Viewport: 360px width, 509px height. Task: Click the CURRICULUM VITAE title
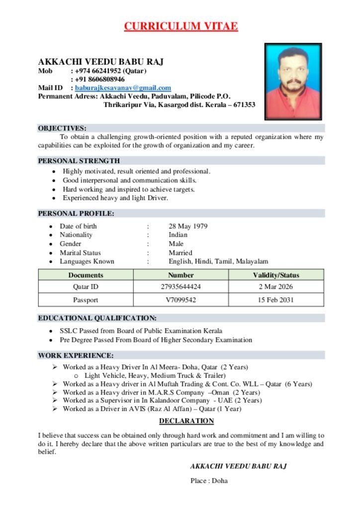pyautogui.click(x=180, y=26)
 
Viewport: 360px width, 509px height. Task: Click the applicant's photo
pyautogui.click(x=294, y=82)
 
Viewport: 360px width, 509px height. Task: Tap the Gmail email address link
pyautogui.click(x=123, y=88)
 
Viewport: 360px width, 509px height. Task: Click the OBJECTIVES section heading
pyautogui.click(x=62, y=128)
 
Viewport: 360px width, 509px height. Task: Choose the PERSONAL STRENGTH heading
pyautogui.click(x=79, y=161)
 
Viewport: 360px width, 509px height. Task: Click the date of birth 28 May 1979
pyautogui.click(x=188, y=226)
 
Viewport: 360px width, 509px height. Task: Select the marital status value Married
pyautogui.click(x=180, y=253)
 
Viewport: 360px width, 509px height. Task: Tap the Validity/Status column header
pyautogui.click(x=276, y=275)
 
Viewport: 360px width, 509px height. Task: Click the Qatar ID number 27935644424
pyautogui.click(x=181, y=287)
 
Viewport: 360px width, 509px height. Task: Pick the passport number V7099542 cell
pyautogui.click(x=181, y=300)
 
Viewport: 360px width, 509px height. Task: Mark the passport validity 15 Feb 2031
pyautogui.click(x=276, y=300)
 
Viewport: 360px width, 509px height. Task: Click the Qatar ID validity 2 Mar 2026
pyautogui.click(x=276, y=287)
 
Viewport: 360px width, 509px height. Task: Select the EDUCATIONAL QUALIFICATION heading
pyautogui.click(x=97, y=318)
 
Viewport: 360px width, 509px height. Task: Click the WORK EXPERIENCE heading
pyautogui.click(x=76, y=356)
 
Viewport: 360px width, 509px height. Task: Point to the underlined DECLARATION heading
pyautogui.click(x=186, y=421)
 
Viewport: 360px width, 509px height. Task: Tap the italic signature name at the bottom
pyautogui.click(x=238, y=467)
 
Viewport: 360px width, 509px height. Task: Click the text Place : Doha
pyautogui.click(x=209, y=481)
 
